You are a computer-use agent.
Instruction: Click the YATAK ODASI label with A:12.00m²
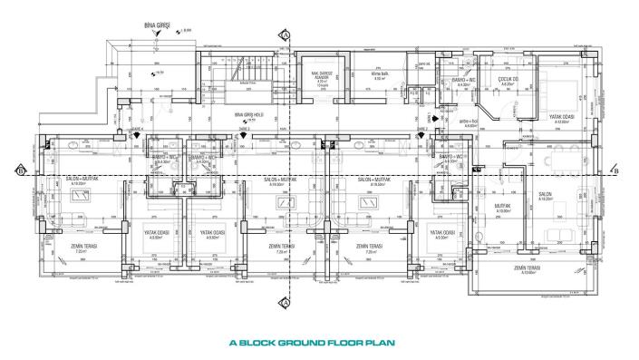point(561,117)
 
